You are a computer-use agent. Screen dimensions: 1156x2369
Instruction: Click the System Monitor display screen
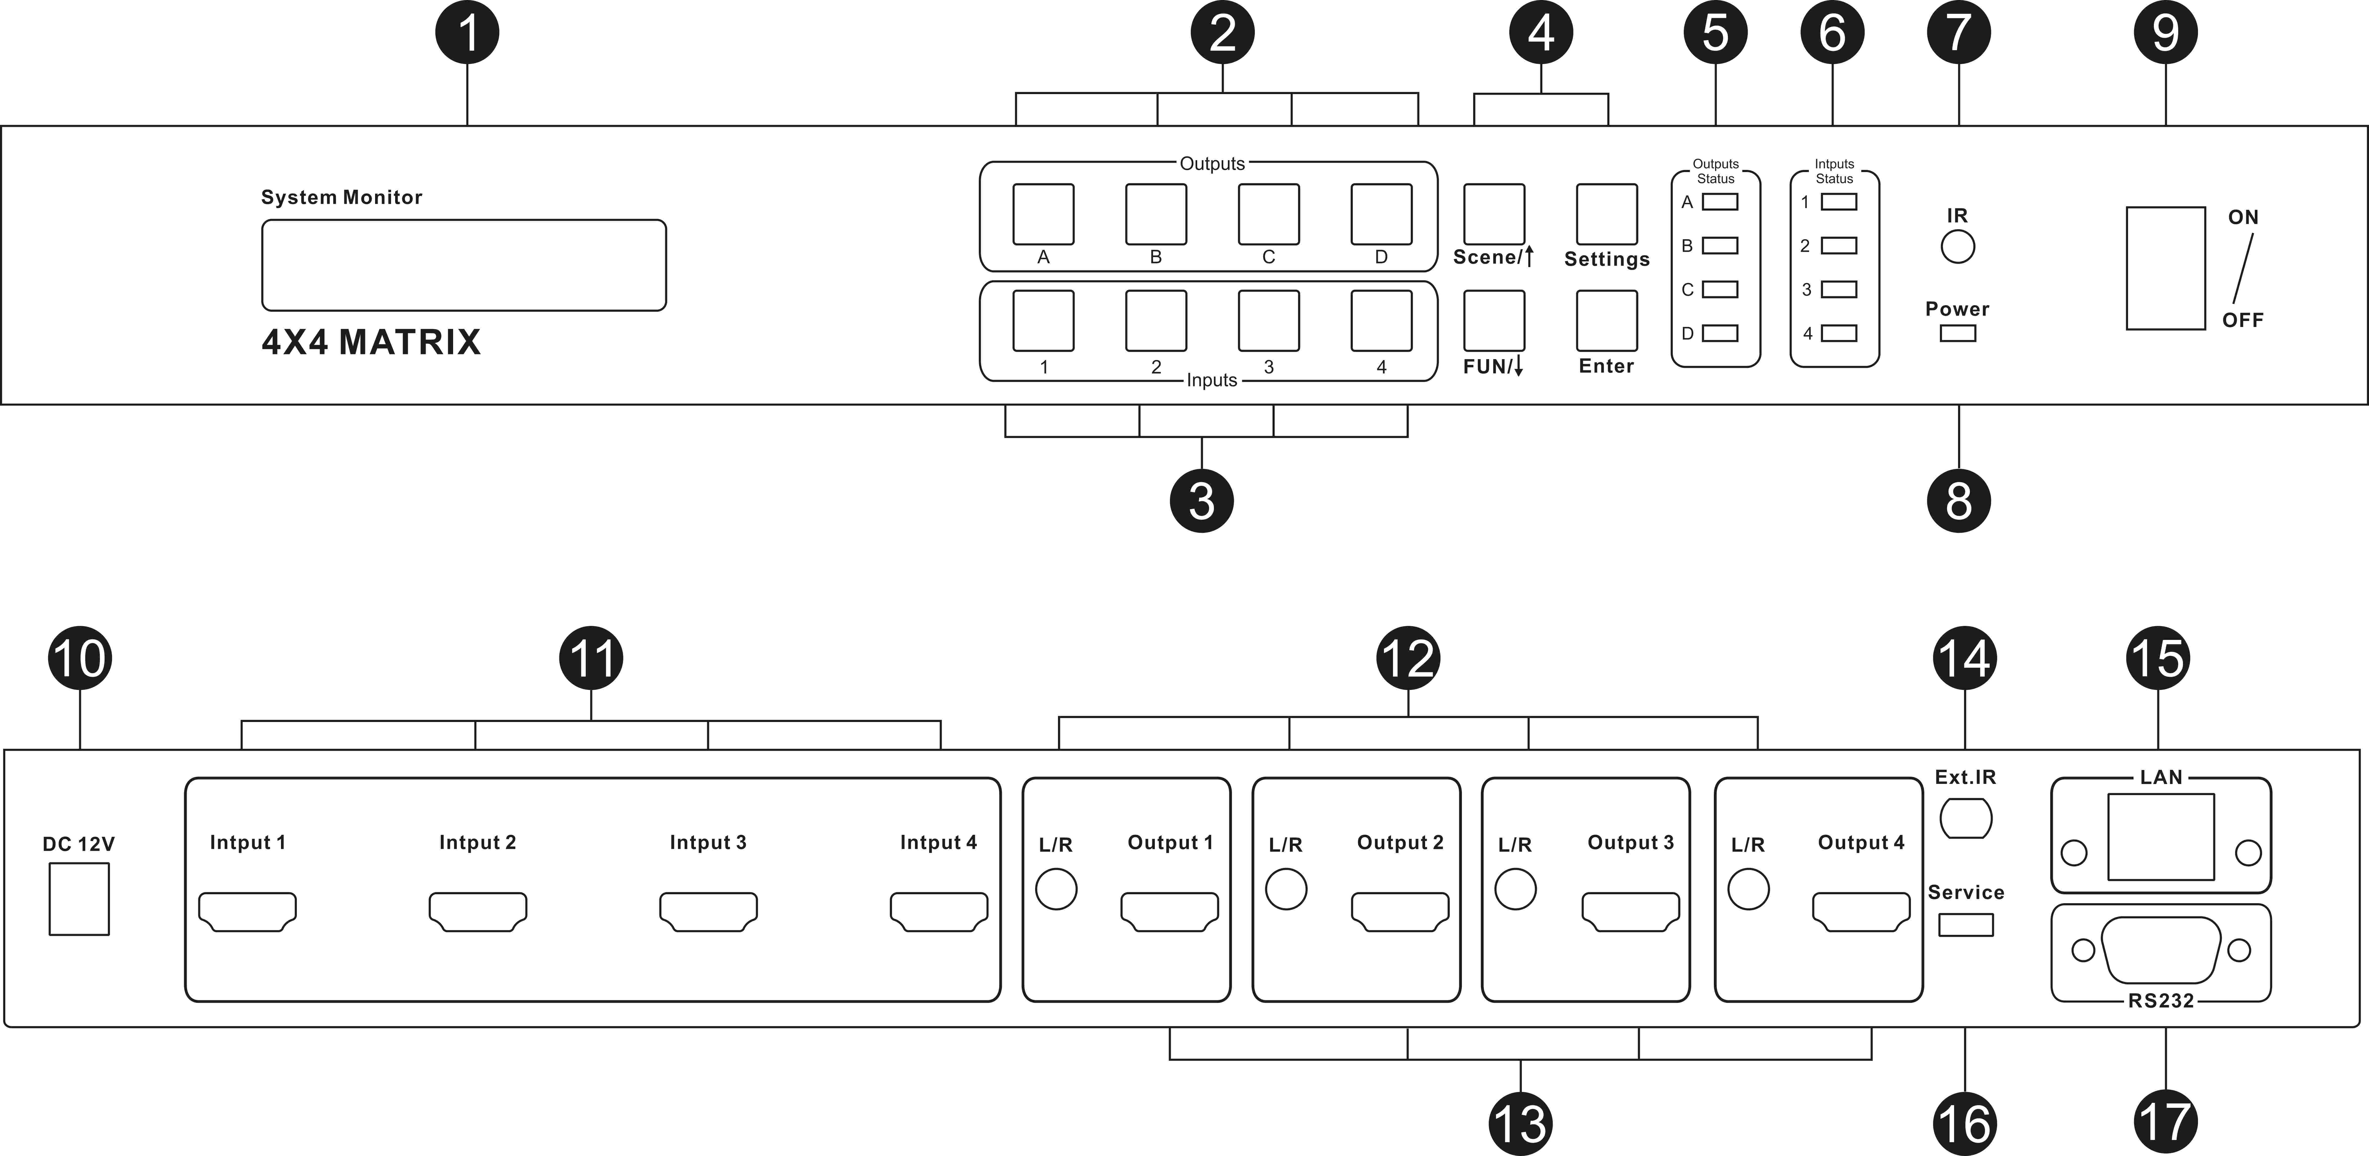(x=464, y=265)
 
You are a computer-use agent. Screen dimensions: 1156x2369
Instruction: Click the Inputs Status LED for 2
(x=1838, y=245)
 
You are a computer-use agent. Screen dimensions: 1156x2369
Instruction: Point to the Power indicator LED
(x=1957, y=333)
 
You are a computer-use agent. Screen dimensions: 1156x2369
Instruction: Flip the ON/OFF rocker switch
(x=2165, y=268)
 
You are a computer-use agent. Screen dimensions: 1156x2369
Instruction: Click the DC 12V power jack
(x=79, y=898)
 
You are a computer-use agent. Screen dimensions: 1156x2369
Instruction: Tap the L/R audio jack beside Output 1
(x=1056, y=889)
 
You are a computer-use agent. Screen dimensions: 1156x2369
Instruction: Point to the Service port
(x=1965, y=924)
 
